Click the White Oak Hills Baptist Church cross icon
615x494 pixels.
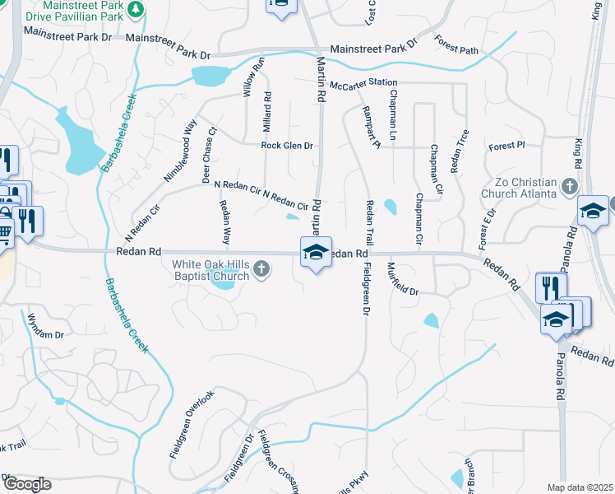pos(261,268)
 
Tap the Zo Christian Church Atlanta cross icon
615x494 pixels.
pos(568,186)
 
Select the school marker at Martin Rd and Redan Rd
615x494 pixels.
pos(316,253)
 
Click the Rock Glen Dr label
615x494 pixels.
pos(287,146)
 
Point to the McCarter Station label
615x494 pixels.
pos(363,84)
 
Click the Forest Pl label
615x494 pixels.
pos(506,147)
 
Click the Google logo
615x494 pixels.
pos(26,483)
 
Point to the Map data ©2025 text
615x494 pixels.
pos(580,487)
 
